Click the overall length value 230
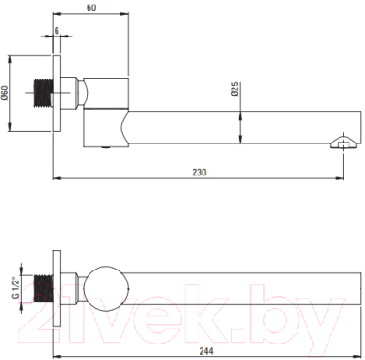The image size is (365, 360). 200,171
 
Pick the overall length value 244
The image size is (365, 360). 206,350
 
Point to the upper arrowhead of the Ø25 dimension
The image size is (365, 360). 242,109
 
